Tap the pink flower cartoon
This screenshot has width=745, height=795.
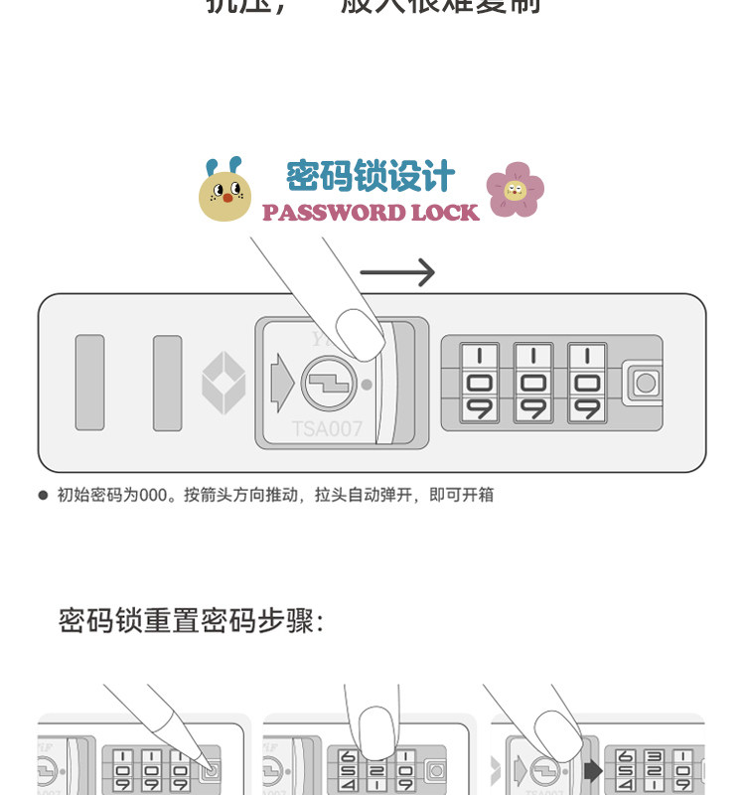click(515, 190)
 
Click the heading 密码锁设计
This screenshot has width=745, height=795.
click(371, 177)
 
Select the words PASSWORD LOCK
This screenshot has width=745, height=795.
click(371, 213)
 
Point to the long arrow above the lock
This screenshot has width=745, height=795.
click(397, 272)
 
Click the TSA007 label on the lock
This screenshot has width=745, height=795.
click(327, 429)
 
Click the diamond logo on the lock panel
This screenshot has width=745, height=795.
click(223, 383)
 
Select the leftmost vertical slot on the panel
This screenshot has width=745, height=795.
click(89, 383)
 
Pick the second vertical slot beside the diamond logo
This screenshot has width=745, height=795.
click(167, 383)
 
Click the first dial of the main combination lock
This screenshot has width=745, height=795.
click(481, 383)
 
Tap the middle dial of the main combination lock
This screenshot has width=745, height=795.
click(534, 383)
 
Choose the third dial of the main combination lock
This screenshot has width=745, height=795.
click(588, 383)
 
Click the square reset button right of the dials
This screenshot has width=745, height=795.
click(645, 383)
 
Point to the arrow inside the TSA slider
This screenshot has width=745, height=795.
click(281, 383)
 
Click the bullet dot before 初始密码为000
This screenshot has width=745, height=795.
click(43, 494)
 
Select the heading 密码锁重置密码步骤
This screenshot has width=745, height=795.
click(192, 621)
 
